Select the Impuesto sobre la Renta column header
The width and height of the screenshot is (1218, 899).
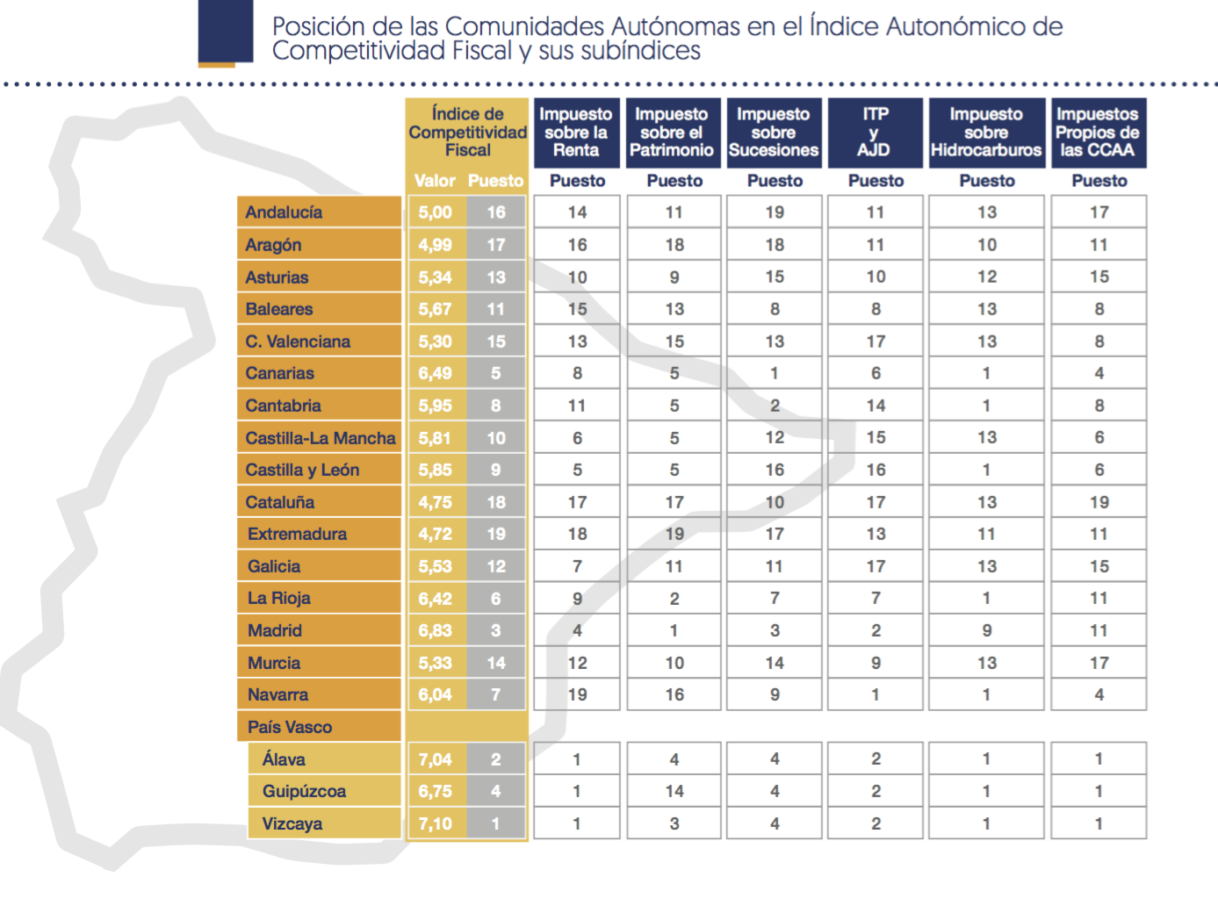(x=576, y=133)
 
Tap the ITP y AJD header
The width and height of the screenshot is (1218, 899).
(x=875, y=133)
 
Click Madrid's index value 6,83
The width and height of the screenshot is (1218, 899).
(x=436, y=630)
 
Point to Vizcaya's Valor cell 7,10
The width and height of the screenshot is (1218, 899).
(x=436, y=823)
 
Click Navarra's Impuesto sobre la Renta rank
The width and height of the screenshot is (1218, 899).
(x=577, y=694)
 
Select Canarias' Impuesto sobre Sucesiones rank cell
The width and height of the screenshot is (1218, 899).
(x=775, y=373)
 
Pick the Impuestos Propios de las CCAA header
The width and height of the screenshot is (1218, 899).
(x=1098, y=133)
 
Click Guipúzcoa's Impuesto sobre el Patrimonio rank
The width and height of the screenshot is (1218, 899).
(x=674, y=791)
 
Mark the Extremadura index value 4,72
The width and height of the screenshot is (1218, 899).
(x=436, y=534)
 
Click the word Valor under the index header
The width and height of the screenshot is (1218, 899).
(x=435, y=181)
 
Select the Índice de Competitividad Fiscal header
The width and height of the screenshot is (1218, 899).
(x=467, y=133)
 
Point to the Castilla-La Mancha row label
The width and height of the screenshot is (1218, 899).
(x=320, y=438)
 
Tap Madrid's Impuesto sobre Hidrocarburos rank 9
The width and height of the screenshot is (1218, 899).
(x=987, y=630)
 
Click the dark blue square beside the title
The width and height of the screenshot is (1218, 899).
(x=226, y=32)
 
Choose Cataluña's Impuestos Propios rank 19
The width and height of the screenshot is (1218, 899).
(x=1099, y=502)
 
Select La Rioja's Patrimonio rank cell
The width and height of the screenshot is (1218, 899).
(x=674, y=599)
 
